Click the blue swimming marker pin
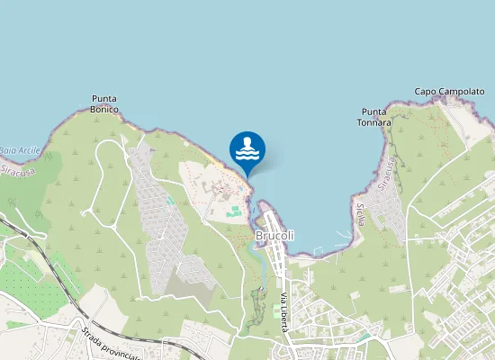[247, 150]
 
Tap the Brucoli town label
[275, 237]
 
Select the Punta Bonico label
[105, 104]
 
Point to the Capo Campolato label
[449, 92]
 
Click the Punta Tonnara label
[373, 117]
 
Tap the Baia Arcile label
[20, 149]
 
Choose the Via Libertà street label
[283, 312]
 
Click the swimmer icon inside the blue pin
[247, 148]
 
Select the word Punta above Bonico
[105, 99]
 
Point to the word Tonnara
[373, 122]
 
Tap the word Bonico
[105, 110]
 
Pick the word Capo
[425, 92]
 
